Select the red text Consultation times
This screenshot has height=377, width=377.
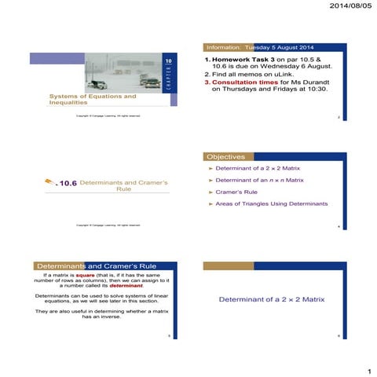click(243, 82)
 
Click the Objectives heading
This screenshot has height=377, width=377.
click(225, 156)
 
